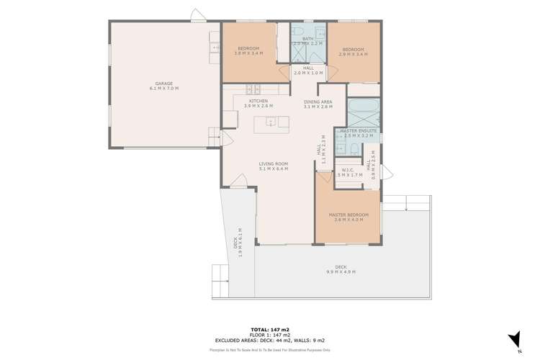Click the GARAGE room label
coord(163,84)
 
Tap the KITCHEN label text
coord(258,101)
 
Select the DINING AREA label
coord(317,102)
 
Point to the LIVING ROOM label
coord(274,164)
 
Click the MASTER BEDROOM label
coord(348,215)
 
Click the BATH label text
coord(307,39)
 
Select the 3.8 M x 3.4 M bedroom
coord(248,50)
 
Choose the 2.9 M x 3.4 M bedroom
coord(354,50)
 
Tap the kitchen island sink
coord(271,121)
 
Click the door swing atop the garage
coord(199,15)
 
